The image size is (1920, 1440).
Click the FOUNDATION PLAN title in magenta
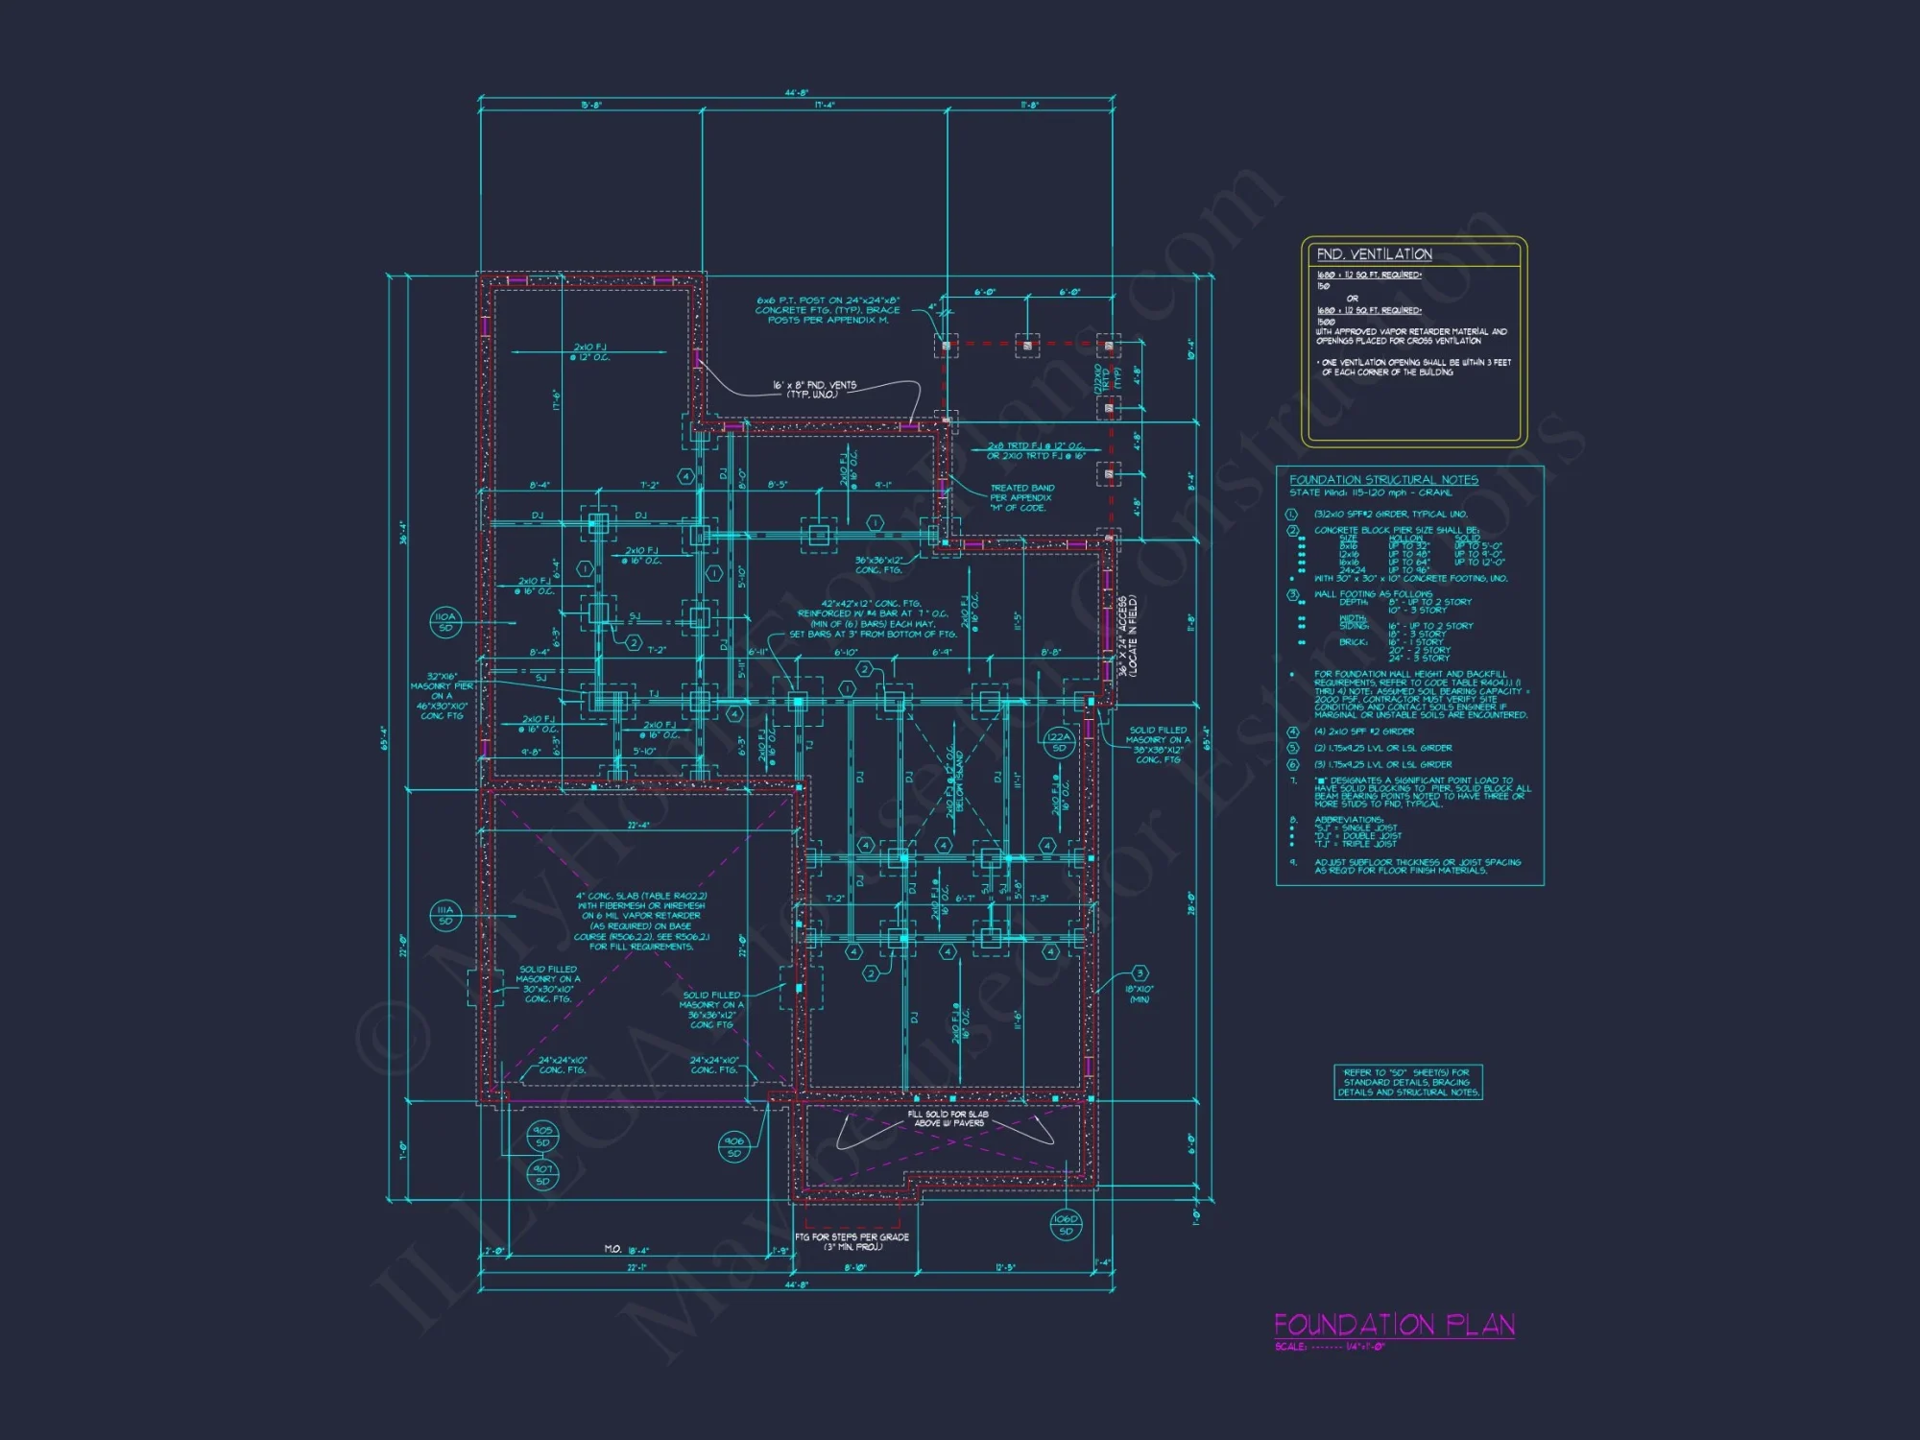coord(1394,1325)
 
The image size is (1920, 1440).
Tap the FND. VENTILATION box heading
coord(1374,254)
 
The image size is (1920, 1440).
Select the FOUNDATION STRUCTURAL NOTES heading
coord(1383,479)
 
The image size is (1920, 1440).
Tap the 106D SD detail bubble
coord(1066,1224)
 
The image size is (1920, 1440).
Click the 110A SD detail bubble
coord(445,622)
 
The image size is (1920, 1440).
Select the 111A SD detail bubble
coord(445,915)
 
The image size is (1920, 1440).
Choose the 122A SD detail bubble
coord(1059,742)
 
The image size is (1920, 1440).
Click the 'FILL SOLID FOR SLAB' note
coord(948,1118)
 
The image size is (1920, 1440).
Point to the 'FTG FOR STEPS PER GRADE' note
coord(852,1241)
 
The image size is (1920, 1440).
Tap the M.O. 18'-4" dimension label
coord(627,1249)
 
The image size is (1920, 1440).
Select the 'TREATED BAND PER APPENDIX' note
coord(1021,497)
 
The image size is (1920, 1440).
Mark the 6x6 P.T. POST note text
coord(828,310)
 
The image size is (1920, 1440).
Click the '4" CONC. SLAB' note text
coord(641,921)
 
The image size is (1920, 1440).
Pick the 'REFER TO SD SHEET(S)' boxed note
coord(1407,1082)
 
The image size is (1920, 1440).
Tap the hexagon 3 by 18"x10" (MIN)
coord(1140,973)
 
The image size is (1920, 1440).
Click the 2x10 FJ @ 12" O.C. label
coord(589,351)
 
